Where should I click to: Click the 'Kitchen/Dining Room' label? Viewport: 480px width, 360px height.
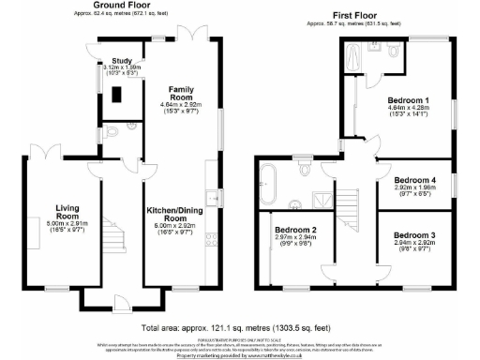tap(177, 213)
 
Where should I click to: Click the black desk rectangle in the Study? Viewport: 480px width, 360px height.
tap(115, 94)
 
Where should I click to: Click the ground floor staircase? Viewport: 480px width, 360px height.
tap(111, 234)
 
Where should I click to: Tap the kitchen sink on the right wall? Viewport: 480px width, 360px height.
tap(217, 198)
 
